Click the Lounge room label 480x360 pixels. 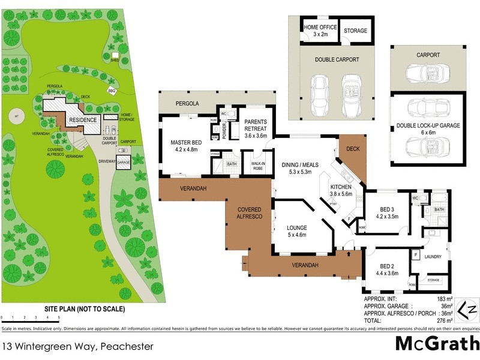click(x=296, y=232)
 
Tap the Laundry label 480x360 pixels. click(x=433, y=257)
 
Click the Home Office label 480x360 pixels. click(x=319, y=31)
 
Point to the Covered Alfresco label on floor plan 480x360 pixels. click(x=249, y=212)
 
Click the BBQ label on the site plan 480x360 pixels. click(x=111, y=91)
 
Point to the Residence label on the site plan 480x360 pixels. click(x=82, y=120)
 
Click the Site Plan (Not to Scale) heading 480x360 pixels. click(x=85, y=310)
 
